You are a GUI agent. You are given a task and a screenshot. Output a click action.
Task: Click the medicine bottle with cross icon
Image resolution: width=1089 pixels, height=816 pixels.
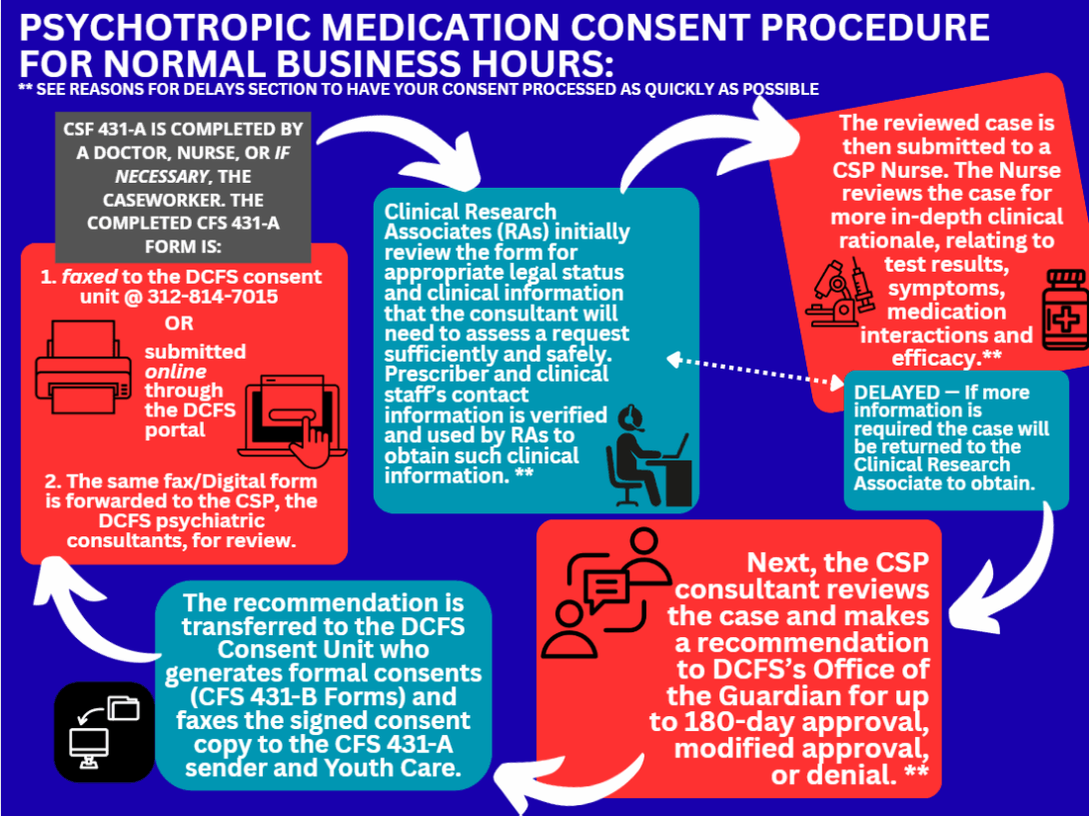[1064, 309]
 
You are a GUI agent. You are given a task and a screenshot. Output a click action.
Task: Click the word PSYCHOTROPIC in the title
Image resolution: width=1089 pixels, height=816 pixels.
[161, 27]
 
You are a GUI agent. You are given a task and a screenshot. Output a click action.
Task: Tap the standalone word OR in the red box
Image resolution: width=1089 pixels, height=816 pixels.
[180, 324]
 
